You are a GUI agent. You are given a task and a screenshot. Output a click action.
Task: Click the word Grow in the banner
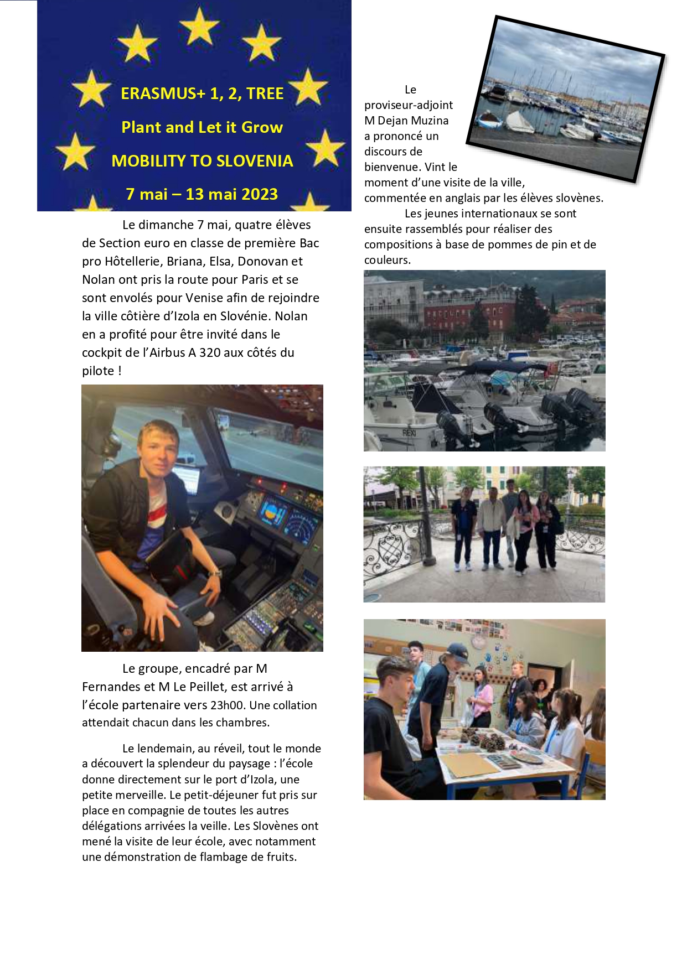tap(262, 127)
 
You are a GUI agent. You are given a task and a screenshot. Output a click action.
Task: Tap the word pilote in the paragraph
tap(98, 371)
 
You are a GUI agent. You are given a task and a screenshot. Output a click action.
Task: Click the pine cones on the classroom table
tap(487, 741)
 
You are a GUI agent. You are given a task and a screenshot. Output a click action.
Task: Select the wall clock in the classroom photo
tap(478, 641)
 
